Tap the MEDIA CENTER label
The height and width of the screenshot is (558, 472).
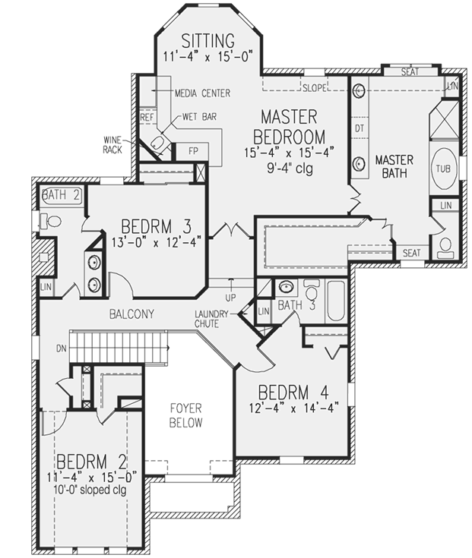pos(202,93)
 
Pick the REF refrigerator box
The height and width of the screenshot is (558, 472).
pos(147,118)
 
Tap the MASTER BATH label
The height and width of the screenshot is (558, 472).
pos(394,167)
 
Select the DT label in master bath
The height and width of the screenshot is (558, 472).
pos(359,129)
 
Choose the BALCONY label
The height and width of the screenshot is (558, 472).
pos(131,314)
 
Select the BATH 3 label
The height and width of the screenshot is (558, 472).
pos(291,306)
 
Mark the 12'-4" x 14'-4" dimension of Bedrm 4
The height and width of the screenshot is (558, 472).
pos(293,407)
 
